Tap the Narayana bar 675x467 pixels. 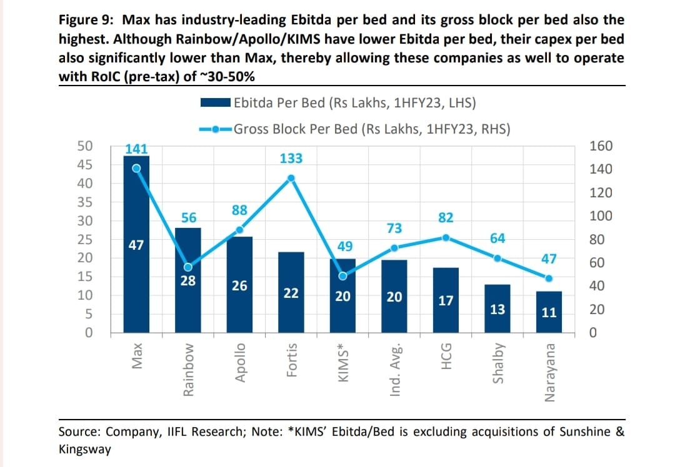point(549,312)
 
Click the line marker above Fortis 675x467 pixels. point(291,178)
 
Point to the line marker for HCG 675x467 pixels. point(446,237)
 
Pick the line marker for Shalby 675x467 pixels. point(497,258)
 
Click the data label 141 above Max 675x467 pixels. point(136,149)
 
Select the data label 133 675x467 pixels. point(291,159)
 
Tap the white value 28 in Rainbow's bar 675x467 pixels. point(188,280)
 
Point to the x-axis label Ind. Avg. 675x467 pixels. point(394,370)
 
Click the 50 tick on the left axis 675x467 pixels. point(85,146)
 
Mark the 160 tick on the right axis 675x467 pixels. point(601,146)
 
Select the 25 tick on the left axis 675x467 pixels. point(85,239)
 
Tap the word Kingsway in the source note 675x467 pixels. point(84,449)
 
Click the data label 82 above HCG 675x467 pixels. point(446,218)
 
